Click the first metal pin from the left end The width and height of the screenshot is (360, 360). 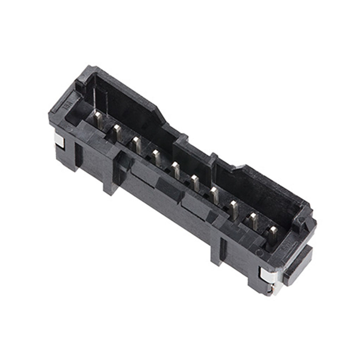click(98, 119)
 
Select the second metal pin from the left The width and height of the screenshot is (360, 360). click(116, 133)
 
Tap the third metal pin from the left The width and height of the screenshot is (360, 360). click(136, 144)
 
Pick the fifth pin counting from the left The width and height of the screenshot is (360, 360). click(175, 169)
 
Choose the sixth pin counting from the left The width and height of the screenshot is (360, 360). click(195, 182)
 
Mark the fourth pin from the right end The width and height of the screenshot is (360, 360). click(214, 195)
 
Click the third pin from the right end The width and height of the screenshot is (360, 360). click(233, 208)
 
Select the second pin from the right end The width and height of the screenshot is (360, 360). click(253, 220)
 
